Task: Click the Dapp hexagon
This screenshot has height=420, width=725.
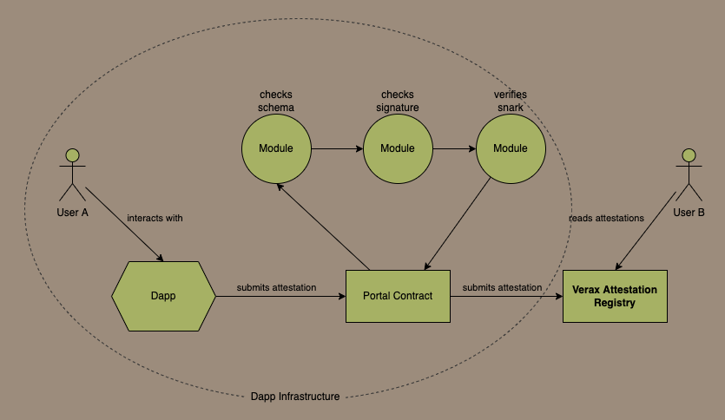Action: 163,296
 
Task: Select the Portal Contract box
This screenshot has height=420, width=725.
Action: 398,296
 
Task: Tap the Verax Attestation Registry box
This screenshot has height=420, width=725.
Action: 615,296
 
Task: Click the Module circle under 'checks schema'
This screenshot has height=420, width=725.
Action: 276,148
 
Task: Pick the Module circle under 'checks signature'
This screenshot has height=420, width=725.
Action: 398,148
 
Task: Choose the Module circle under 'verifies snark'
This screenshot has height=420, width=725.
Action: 511,148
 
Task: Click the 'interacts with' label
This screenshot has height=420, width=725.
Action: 155,218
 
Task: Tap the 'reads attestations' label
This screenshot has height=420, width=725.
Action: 606,218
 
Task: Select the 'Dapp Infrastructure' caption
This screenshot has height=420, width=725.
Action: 294,397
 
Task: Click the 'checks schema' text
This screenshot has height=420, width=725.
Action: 276,101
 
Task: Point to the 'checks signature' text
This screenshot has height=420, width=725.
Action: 398,101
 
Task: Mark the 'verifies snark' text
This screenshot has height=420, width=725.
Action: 510,101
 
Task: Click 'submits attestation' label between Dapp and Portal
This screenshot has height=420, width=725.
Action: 277,287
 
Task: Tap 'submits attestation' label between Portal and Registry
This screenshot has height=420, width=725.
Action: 502,287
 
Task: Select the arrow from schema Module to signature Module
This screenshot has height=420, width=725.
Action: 337,148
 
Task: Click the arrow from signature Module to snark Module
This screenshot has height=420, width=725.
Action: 454,148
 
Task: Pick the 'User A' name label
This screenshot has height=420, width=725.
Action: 72,213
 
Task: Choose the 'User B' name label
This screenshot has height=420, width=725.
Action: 689,213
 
